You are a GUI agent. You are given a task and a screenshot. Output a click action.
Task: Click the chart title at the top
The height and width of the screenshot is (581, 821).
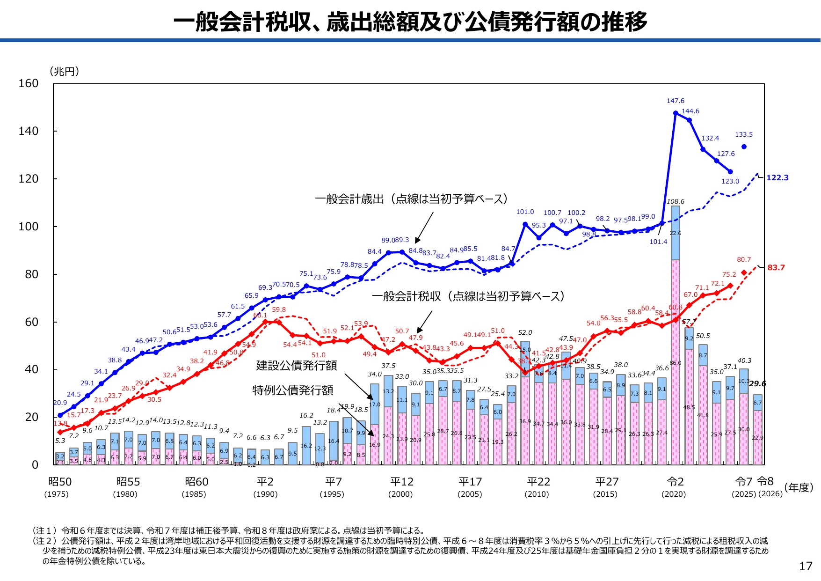click(410, 22)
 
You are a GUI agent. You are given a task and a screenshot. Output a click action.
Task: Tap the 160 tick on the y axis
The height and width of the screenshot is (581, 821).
click(28, 83)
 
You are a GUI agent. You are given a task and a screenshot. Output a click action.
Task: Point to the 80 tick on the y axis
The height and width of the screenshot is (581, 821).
click(31, 274)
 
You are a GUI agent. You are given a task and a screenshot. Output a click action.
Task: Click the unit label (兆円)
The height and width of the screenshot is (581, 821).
click(64, 71)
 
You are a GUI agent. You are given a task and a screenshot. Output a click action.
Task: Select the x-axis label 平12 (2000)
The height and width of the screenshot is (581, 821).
click(401, 487)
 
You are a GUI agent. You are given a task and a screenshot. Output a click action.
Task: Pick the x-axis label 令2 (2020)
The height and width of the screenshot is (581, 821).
click(675, 487)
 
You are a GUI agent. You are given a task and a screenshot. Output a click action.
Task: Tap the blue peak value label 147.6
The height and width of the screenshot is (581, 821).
click(675, 101)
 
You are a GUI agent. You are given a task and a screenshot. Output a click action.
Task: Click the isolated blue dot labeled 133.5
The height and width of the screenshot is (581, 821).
click(744, 147)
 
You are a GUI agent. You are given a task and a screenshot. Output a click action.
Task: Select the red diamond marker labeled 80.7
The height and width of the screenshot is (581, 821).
click(744, 273)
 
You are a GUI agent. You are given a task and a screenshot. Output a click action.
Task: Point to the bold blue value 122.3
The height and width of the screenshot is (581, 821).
click(777, 177)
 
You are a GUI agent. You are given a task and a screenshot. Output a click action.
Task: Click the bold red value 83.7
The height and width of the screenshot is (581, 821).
click(776, 267)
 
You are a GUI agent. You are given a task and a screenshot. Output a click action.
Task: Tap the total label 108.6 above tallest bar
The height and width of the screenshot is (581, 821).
click(675, 201)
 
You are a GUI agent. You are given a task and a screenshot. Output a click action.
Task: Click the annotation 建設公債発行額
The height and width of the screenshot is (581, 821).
click(296, 365)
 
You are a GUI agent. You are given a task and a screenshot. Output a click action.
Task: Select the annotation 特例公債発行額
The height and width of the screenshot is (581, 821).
click(293, 390)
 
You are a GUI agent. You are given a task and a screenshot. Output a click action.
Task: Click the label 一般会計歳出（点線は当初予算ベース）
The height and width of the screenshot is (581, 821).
click(411, 199)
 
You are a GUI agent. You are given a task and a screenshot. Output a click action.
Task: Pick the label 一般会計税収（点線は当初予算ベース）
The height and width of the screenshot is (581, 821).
click(468, 296)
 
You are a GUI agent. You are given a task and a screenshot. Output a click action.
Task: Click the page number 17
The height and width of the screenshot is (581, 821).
click(805, 566)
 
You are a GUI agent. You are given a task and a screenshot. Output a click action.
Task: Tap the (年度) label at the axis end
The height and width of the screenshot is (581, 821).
click(799, 487)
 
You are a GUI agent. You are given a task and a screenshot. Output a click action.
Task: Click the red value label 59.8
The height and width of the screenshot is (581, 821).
click(278, 309)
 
